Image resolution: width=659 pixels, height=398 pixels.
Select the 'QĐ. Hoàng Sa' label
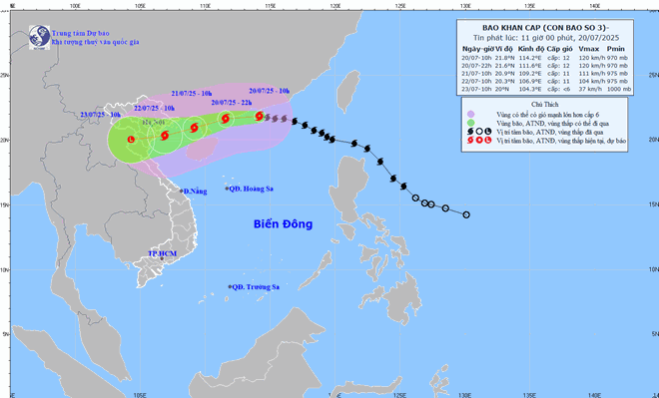251,189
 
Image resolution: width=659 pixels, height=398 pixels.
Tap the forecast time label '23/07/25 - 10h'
101,115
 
